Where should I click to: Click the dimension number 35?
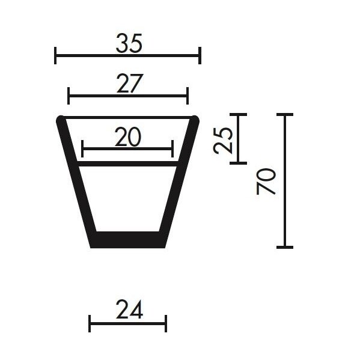coord(129,44)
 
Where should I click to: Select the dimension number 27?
coord(129,85)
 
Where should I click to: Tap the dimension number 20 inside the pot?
coord(127,138)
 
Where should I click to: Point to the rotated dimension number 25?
coord(224,140)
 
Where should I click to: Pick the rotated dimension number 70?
coord(266,181)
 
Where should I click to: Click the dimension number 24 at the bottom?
coord(129,310)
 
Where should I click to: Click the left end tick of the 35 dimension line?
coord(55,55)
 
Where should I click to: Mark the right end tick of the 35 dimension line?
coord(200,55)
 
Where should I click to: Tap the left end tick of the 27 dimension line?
coord(69,96)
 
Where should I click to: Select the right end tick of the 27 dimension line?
coord(188,96)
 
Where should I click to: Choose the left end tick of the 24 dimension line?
coord(90,323)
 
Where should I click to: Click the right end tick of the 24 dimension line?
coord(165,323)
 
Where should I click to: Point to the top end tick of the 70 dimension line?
coord(284,114)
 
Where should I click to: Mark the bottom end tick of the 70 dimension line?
coord(284,247)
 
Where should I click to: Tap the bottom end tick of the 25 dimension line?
coord(239,162)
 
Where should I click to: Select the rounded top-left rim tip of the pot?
coord(61,120)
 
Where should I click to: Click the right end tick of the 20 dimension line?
coord(172,148)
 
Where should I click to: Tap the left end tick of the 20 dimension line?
coord(82,148)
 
